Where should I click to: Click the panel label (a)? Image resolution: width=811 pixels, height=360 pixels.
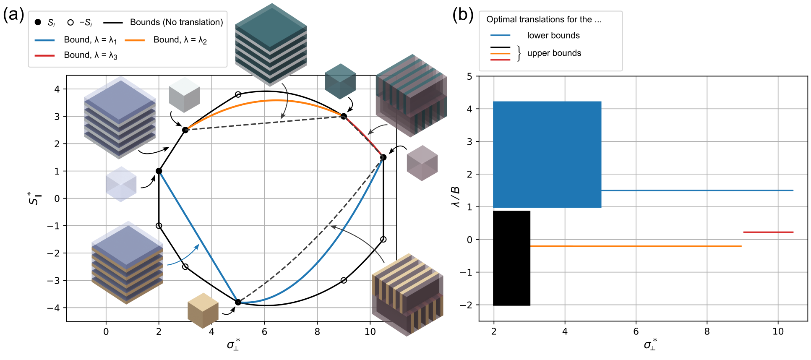click(x=13, y=15)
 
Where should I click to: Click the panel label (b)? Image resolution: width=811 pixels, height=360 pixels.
click(x=463, y=15)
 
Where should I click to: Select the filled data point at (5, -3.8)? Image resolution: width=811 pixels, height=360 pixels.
click(x=238, y=302)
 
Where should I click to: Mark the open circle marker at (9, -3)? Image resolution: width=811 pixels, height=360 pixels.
click(x=344, y=280)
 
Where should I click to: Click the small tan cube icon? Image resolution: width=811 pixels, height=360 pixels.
click(x=203, y=310)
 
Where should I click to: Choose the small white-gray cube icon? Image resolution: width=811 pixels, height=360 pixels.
click(x=184, y=94)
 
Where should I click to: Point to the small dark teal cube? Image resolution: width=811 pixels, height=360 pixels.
click(x=340, y=81)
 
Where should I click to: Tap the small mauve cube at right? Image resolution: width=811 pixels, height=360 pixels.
click(x=422, y=163)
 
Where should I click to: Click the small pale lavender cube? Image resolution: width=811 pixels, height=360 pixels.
click(x=121, y=184)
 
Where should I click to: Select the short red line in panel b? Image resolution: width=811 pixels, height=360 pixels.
click(x=768, y=232)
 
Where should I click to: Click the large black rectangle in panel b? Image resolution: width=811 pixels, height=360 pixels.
click(x=511, y=258)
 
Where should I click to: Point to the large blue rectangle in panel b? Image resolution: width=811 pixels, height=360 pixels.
click(x=547, y=154)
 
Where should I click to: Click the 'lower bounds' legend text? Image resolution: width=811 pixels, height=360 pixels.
click(x=553, y=36)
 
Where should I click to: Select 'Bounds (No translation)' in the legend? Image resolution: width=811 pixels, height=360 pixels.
click(x=176, y=22)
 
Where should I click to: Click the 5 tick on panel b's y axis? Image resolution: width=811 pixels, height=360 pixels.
click(x=469, y=76)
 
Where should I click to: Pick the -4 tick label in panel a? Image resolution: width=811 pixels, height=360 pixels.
click(x=53, y=308)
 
